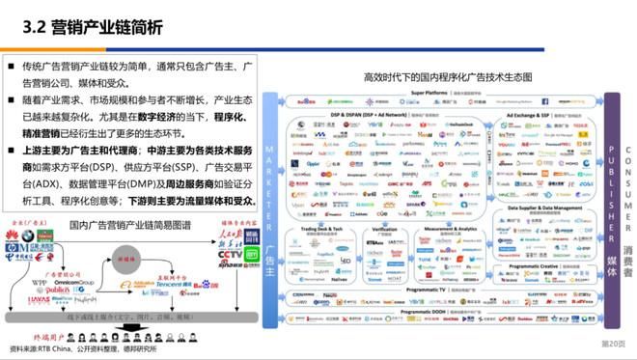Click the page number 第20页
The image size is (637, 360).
(x=613, y=343)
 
